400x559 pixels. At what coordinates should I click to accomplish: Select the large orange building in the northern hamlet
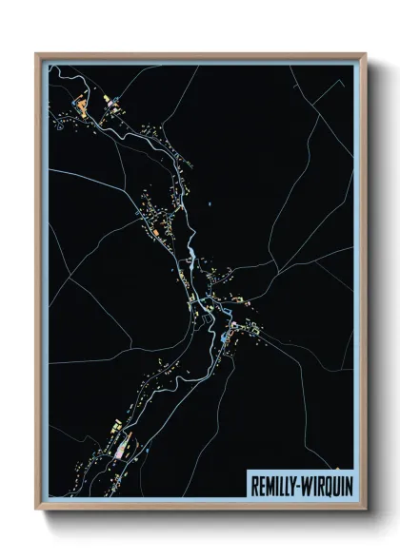pos(82,101)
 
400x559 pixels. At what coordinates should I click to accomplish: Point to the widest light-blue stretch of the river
pos(191,255)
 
